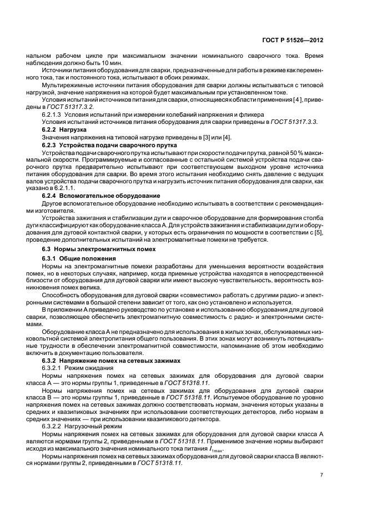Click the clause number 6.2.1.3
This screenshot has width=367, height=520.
(x=54, y=114)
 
